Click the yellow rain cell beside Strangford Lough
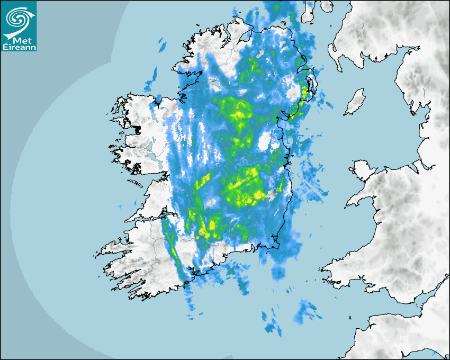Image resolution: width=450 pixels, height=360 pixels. pyautogui.click(x=305, y=90)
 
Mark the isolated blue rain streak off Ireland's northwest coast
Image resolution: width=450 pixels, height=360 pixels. pyautogui.click(x=161, y=46)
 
